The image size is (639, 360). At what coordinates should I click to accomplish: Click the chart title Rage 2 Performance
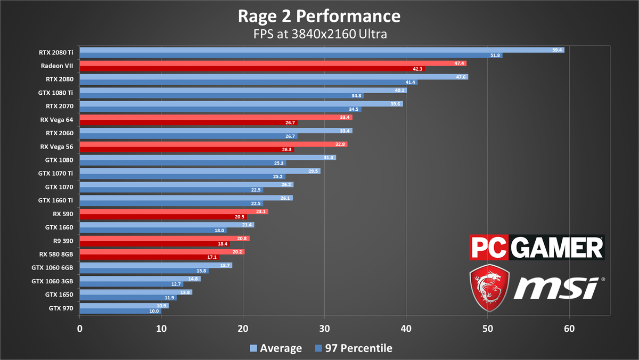[x=319, y=17]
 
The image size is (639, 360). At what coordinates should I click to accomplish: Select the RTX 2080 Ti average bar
[x=319, y=50]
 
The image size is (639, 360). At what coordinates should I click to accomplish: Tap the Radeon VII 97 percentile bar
[x=250, y=69]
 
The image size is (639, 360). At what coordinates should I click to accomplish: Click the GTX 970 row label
[x=61, y=307]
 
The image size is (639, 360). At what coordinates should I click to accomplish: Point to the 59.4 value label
[x=558, y=50]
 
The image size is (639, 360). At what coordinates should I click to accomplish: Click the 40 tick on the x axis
[x=406, y=329]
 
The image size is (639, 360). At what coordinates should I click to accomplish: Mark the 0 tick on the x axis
[x=80, y=329]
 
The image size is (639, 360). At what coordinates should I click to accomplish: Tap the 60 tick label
[x=569, y=329]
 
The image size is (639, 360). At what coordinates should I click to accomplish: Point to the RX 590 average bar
[x=174, y=211]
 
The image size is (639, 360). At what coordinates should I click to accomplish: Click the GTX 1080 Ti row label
[x=55, y=93]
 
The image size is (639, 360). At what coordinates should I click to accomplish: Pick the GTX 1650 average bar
[x=136, y=292]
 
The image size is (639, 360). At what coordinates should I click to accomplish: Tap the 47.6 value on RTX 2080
[x=462, y=77]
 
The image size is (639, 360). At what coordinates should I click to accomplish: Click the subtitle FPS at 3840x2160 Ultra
[x=319, y=34]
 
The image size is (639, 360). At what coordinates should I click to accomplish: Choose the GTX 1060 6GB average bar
[x=155, y=265]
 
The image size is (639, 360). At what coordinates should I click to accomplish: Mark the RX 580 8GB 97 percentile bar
[x=149, y=257]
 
